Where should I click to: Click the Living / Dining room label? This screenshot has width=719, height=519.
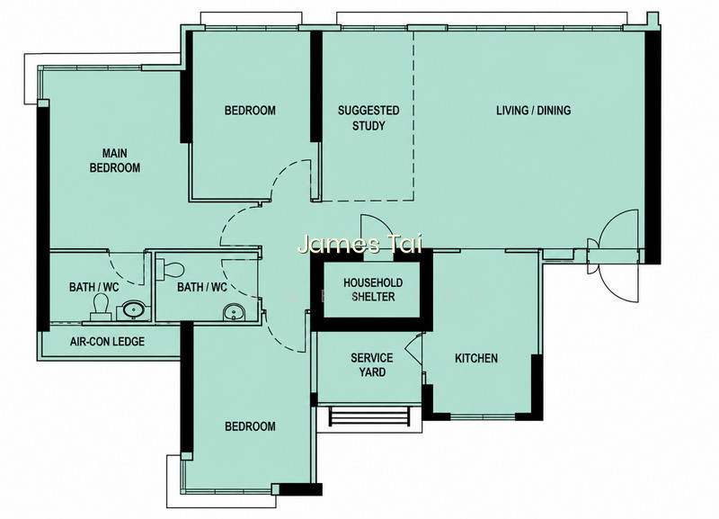533,111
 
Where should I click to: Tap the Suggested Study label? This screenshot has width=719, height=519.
368,118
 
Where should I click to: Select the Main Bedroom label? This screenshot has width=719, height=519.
115,161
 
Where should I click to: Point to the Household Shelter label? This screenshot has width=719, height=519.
373,290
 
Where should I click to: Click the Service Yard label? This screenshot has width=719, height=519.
372,365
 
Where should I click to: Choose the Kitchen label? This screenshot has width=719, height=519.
476,358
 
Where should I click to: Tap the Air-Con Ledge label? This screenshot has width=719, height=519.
107,342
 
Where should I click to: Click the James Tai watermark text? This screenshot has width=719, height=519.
360,244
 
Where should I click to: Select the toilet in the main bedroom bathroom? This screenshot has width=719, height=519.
101,307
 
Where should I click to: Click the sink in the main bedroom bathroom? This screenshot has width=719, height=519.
134,310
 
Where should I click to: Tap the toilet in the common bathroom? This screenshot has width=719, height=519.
170,269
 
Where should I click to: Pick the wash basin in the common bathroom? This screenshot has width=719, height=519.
235,313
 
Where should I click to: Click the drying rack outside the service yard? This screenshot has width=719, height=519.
369,416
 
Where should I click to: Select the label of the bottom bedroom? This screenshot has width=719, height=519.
251,426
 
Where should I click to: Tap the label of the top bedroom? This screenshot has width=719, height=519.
250,111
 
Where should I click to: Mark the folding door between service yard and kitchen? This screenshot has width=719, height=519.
415,350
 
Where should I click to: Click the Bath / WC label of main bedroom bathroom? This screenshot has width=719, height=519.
93,287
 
